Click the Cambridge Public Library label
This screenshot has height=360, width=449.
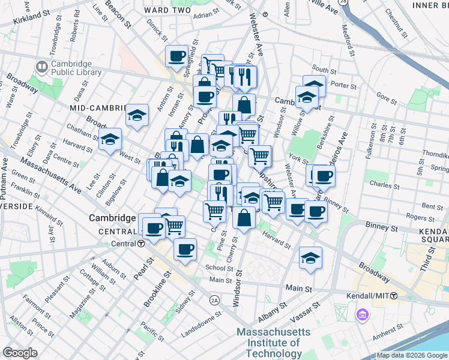(71, 69)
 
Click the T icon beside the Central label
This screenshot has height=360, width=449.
(140, 244)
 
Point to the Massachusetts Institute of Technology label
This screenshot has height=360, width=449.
(274, 343)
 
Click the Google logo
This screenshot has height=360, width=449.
(20, 353)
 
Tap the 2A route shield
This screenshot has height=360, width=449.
(214, 299)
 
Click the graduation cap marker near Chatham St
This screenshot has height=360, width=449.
(111, 140)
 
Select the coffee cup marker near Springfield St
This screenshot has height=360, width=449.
(177, 56)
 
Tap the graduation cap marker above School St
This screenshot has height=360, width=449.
(310, 258)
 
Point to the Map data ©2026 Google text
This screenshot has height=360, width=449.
(412, 355)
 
